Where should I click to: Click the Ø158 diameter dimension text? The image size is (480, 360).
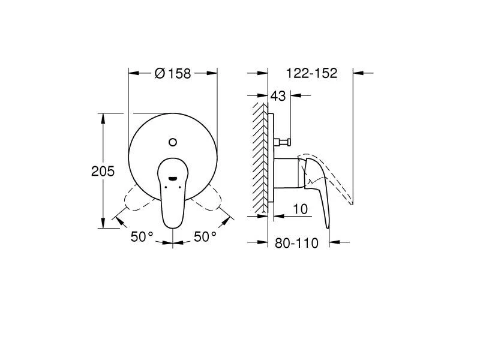tap(173, 73)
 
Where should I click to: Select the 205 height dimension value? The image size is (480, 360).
tap(103, 171)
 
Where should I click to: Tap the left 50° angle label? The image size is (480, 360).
tap(142, 237)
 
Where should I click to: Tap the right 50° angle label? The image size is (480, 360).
tap(205, 237)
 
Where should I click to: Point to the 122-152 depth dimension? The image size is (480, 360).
tap(311, 73)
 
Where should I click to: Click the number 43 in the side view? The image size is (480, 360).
tap(278, 96)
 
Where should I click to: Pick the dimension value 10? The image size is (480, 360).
tap(301, 209)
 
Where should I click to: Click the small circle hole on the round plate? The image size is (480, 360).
tap(173, 142)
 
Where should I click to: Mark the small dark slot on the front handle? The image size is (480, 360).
tap(173, 178)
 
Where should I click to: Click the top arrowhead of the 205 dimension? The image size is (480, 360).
tap(103, 118)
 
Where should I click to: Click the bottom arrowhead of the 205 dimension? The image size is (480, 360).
tap(103, 223)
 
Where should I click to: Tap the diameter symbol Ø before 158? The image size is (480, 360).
tap(159, 73)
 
